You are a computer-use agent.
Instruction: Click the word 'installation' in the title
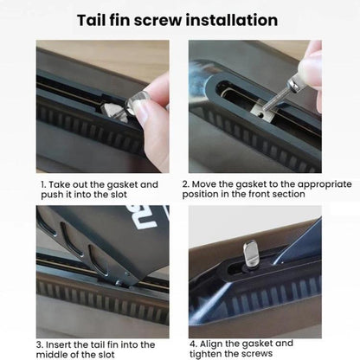232,20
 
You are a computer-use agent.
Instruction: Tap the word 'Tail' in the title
91,20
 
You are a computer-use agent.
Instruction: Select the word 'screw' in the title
157,21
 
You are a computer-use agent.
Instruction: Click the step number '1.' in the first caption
43,184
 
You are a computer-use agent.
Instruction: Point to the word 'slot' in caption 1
119,194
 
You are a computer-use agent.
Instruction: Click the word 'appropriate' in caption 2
325,184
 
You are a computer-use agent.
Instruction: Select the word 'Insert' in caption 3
58,344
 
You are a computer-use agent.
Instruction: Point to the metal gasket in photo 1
113,112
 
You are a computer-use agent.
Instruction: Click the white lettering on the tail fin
150,217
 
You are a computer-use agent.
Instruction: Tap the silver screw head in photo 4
250,254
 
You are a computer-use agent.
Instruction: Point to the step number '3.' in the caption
40,344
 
